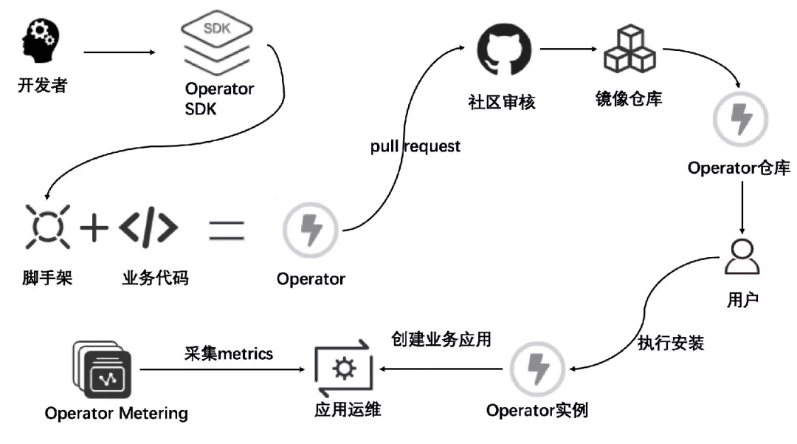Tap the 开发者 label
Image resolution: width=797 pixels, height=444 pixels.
click(42, 86)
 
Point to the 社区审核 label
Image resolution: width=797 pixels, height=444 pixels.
click(502, 102)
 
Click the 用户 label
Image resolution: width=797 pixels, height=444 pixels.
click(742, 300)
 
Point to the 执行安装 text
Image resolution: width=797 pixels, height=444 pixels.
click(671, 343)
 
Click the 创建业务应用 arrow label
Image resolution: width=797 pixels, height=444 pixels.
click(441, 340)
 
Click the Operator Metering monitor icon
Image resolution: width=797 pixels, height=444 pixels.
click(103, 369)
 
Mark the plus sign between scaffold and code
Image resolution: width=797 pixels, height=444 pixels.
click(94, 228)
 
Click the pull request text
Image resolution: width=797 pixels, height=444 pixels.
click(415, 146)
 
